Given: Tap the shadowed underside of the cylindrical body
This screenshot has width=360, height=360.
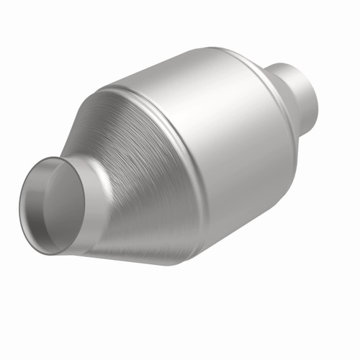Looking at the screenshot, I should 238,216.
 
